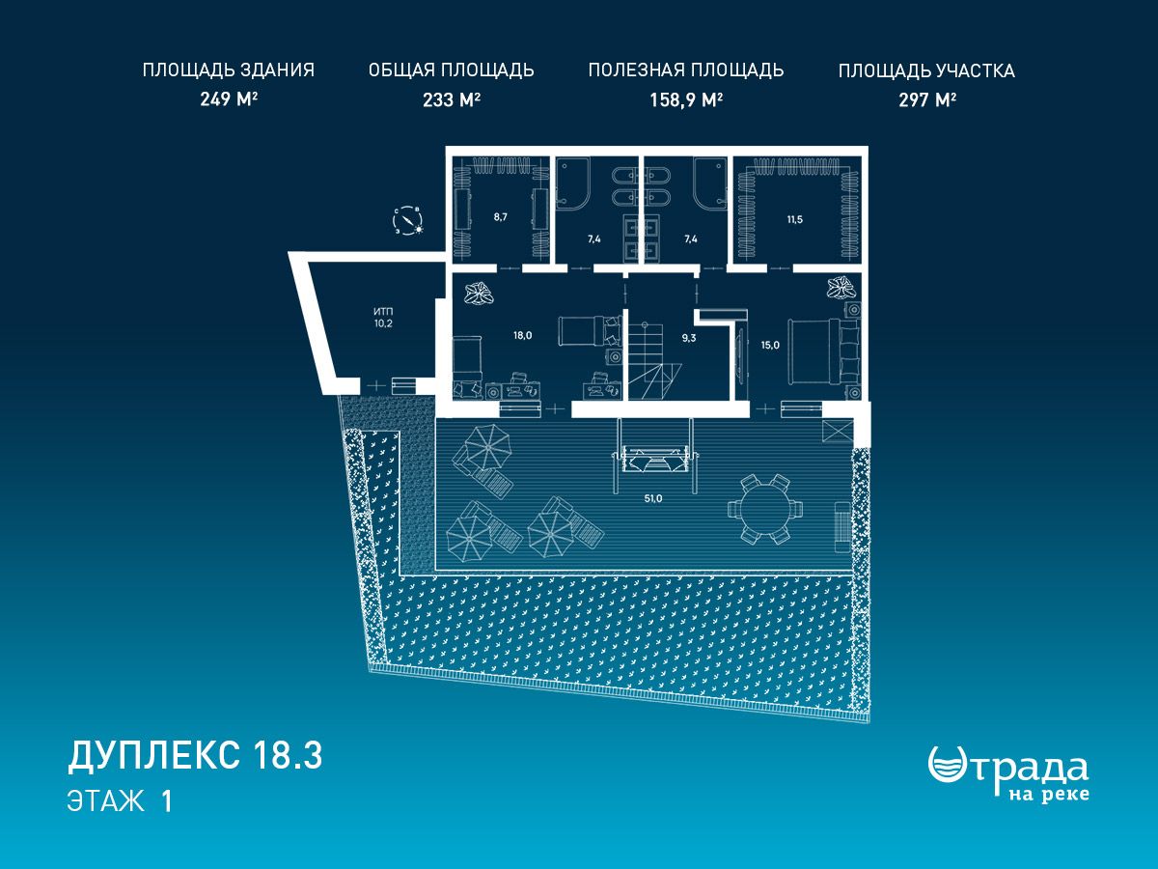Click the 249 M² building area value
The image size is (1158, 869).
tap(229, 99)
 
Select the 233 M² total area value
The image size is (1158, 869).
tap(451, 99)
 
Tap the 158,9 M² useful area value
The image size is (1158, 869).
tap(686, 99)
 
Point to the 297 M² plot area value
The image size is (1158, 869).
tap(927, 99)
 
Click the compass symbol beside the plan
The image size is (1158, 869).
tap(408, 221)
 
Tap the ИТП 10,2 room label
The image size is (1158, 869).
tap(383, 318)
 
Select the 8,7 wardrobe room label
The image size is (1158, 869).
tap(500, 217)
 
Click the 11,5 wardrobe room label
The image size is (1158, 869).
tap(794, 219)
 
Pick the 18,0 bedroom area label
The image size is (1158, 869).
tap(522, 336)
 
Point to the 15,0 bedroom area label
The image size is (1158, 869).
tap(770, 346)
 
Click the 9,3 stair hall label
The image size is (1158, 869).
tap(688, 338)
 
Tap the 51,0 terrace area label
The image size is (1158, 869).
tap(652, 498)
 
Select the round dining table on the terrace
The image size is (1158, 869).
tap(765, 509)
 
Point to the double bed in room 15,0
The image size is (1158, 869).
tap(824, 351)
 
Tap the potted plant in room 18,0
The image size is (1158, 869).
tap(479, 294)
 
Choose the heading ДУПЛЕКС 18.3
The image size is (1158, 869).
tap(195, 756)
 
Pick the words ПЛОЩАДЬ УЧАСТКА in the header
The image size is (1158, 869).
tap(927, 71)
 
